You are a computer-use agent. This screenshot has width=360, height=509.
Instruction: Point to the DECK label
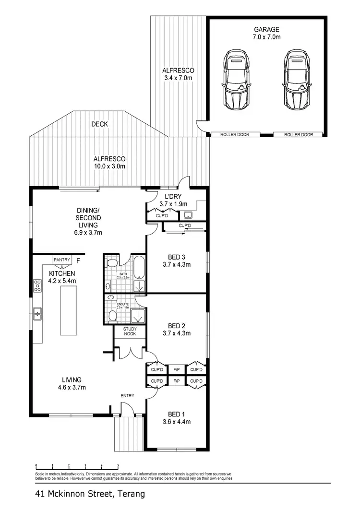pos(100,124)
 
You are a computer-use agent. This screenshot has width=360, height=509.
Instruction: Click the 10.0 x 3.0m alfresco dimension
pos(109,166)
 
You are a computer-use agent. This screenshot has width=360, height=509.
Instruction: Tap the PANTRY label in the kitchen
pos(62,260)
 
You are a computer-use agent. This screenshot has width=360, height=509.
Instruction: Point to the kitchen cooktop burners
pos(36,286)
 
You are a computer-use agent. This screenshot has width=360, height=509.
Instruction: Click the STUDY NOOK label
pos(130,332)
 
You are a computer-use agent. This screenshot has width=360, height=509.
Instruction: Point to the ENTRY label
pos(127,395)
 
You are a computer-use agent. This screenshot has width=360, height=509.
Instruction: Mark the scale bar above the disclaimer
pos(77,466)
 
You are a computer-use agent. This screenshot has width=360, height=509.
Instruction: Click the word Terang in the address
pos(130,493)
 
